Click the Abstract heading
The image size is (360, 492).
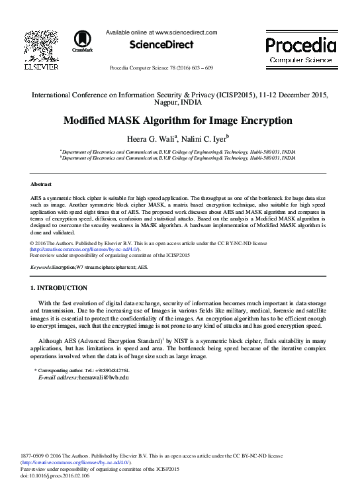tap(41, 183)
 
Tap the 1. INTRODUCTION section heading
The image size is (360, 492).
tap(59, 288)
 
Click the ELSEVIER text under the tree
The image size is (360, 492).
tap(41, 67)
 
